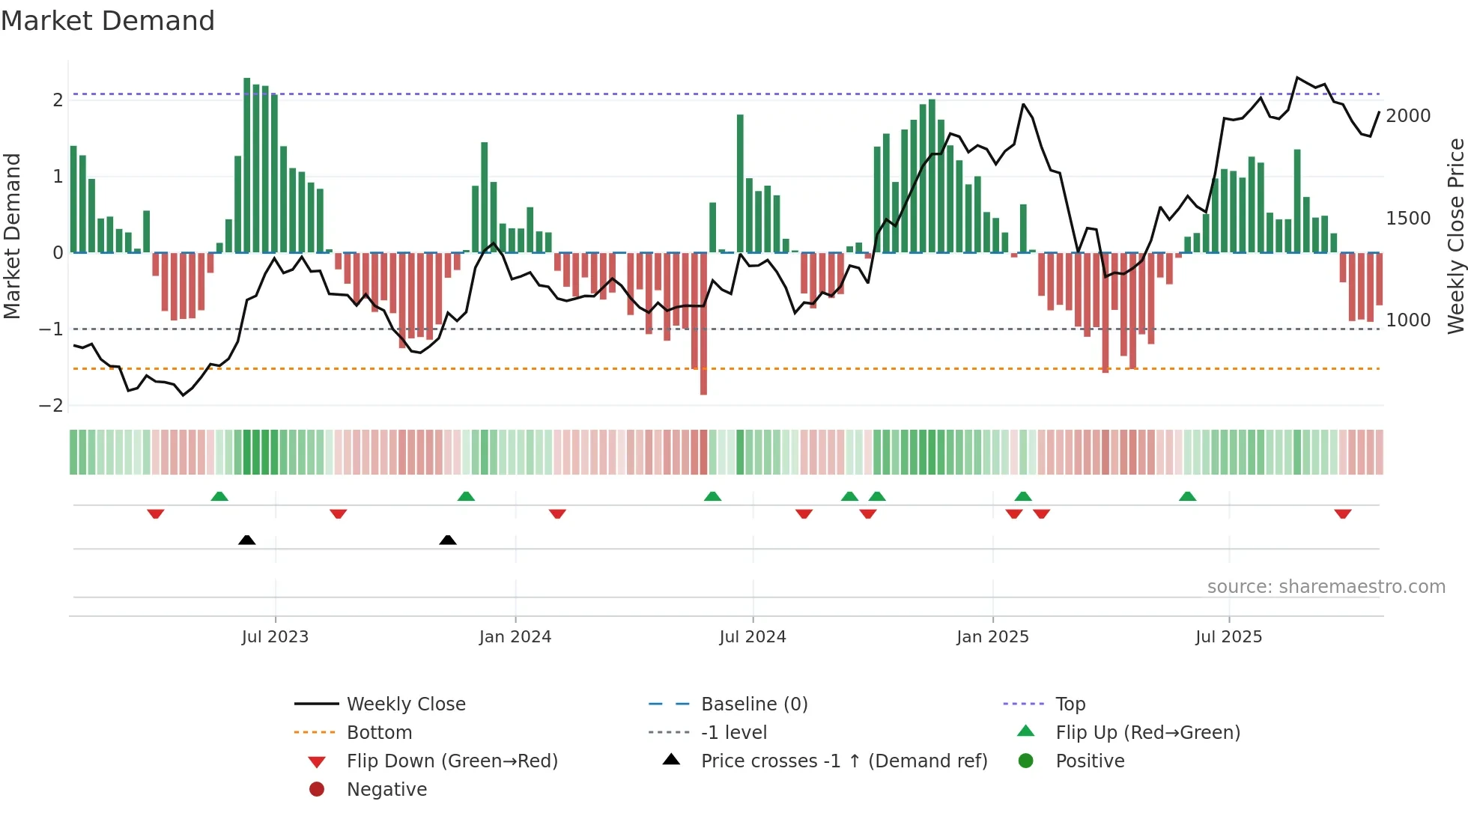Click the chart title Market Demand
click(108, 21)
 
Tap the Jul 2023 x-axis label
click(275, 637)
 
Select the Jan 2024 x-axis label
click(515, 637)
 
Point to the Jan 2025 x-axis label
click(992, 637)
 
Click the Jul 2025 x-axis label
click(1228, 637)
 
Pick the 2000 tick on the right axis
click(1408, 116)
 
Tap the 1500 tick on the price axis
click(1408, 219)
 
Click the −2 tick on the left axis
click(52, 406)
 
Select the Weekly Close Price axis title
click(1455, 236)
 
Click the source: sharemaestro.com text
click(1326, 587)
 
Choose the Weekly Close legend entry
click(405, 704)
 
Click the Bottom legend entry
click(379, 733)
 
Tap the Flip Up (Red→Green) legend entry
click(1147, 733)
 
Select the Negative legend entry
click(386, 790)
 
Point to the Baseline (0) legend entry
click(753, 704)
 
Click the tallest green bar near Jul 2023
click(247, 165)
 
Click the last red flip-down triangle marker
click(1342, 514)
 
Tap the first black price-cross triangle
click(246, 540)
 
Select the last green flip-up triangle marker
click(1187, 496)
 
